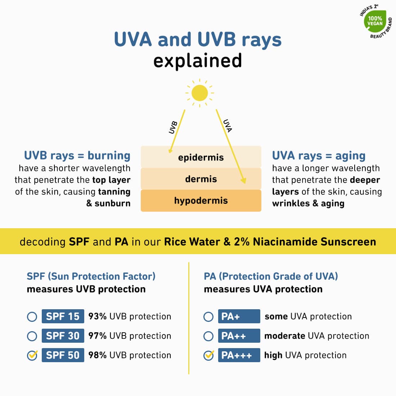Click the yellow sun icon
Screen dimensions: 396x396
(199, 93)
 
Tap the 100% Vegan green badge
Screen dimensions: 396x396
(375, 21)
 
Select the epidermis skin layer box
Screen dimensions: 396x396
(201, 157)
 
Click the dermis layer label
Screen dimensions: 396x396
(201, 179)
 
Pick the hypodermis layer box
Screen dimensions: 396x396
(201, 201)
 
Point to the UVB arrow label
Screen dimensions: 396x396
(173, 127)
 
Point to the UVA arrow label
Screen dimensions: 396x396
(228, 126)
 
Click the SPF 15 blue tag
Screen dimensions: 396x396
(63, 316)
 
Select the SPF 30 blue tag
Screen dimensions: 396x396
(63, 336)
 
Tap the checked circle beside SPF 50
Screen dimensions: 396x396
(32, 356)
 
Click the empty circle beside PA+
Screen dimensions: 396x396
(208, 317)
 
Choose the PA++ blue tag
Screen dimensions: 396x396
(239, 336)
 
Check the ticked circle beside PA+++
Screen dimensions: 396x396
(208, 356)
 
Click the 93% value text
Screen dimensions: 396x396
(97, 316)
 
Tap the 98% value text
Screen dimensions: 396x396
(97, 355)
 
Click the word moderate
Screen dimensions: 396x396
(285, 336)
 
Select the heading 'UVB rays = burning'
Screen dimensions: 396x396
(77, 156)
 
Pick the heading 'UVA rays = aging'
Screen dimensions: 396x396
(319, 156)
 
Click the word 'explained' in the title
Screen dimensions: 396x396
(197, 60)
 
